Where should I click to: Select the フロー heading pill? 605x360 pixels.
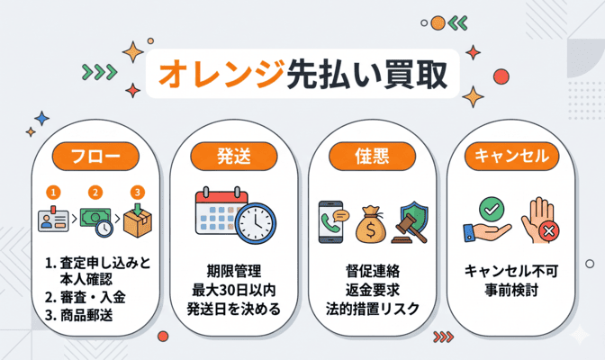95,155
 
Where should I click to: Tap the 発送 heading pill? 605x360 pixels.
233,155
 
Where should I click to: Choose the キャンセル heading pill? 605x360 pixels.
510,155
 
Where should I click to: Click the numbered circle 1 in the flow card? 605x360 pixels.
54,192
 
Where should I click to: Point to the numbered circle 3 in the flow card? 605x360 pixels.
137,192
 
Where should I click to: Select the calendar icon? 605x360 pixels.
220,216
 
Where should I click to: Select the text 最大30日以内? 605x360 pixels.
233,290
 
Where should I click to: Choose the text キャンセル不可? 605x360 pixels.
510,270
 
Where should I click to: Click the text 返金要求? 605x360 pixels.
372,290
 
